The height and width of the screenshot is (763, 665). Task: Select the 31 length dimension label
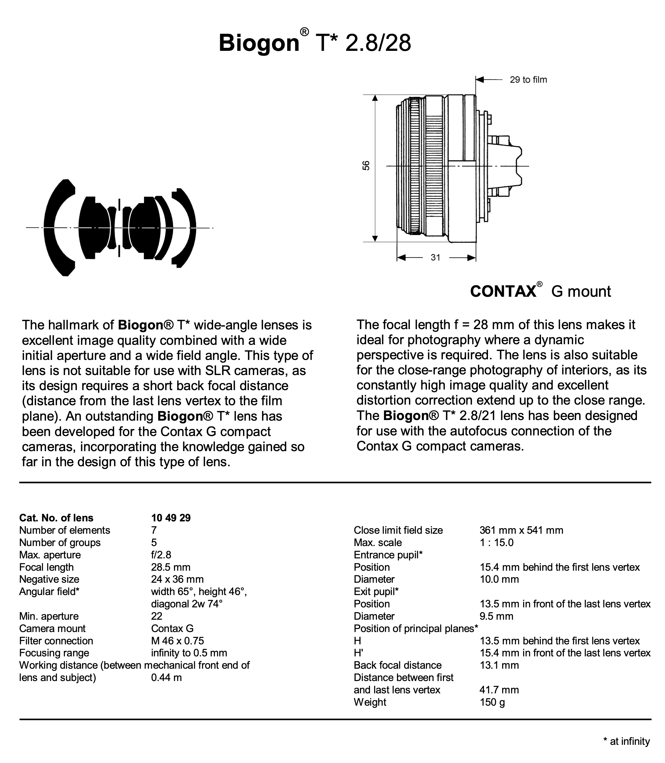pos(435,257)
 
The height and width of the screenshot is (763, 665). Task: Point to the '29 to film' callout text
pos(528,80)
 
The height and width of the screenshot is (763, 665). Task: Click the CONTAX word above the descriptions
pos(503,292)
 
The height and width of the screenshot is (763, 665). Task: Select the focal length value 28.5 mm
pos(170,567)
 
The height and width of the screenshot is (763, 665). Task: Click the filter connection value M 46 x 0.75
pos(177,641)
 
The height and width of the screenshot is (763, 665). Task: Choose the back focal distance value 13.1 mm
pos(499,665)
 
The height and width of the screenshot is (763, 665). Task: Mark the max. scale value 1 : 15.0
pos(497,542)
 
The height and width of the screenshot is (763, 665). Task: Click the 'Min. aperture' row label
pos(49,616)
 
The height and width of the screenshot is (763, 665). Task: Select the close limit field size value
pos(521,530)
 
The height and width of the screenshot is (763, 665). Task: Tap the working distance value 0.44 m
pos(166,677)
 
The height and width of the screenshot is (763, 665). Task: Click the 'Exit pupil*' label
pos(376,591)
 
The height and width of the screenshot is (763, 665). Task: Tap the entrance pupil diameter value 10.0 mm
pos(499,579)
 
